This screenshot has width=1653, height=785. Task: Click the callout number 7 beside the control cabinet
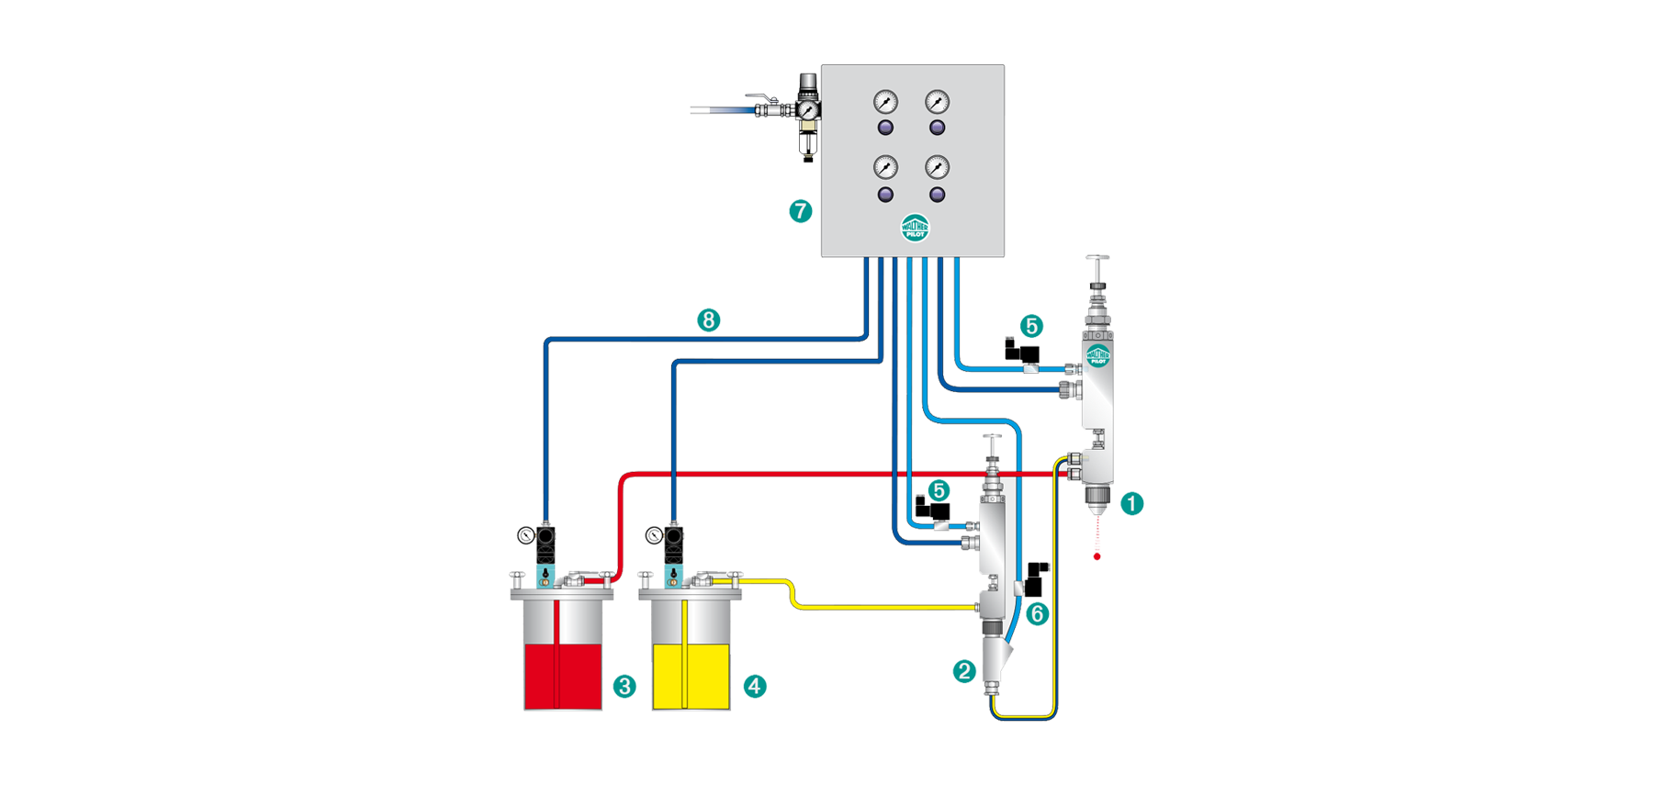click(x=800, y=211)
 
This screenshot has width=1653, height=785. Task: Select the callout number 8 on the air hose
click(x=708, y=320)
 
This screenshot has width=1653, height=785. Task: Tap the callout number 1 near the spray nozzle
click(x=1131, y=503)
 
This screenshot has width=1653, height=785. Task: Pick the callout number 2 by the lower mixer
click(x=963, y=671)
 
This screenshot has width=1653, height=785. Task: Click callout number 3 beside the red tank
click(x=624, y=686)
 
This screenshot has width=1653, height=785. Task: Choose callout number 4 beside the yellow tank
click(x=755, y=686)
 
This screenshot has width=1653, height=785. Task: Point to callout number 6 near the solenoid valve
click(x=1037, y=614)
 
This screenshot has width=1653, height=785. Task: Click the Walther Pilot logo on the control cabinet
click(x=915, y=228)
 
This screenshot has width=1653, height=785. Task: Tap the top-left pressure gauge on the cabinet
click(x=885, y=101)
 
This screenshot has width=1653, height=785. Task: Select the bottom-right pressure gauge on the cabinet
click(x=937, y=167)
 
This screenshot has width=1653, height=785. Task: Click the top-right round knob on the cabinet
click(x=937, y=128)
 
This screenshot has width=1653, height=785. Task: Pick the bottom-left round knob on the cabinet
click(x=885, y=195)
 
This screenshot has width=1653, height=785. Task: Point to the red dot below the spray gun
click(x=1096, y=556)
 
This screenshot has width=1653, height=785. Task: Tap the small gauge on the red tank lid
click(x=525, y=535)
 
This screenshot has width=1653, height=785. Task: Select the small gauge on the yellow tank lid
click(x=654, y=535)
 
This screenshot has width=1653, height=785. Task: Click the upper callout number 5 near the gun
click(x=1030, y=326)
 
